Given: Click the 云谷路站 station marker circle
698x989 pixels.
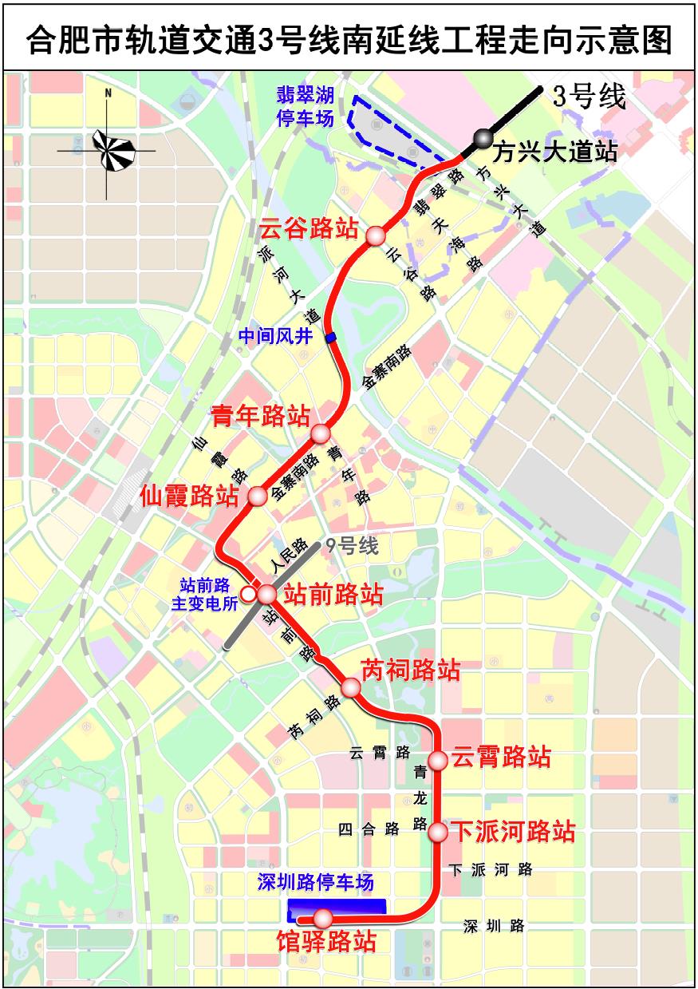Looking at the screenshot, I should click(x=375, y=235).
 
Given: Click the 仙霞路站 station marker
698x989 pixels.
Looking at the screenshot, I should click(x=258, y=496).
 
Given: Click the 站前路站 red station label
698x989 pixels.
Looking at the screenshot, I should click(x=333, y=594).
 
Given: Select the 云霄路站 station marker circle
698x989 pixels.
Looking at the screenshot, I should click(x=437, y=758).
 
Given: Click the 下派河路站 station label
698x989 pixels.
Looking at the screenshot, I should click(x=513, y=832).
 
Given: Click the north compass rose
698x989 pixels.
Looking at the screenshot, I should click(x=108, y=147).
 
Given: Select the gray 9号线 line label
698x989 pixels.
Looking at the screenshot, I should click(x=349, y=547).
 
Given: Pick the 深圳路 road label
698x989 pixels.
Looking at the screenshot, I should click(x=495, y=926).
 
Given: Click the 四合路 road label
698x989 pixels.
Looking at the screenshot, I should click(x=369, y=829).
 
